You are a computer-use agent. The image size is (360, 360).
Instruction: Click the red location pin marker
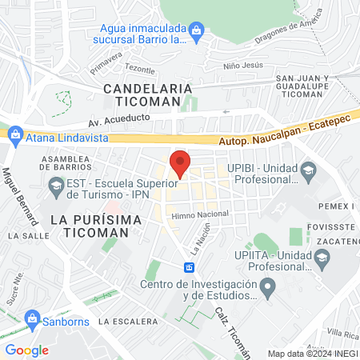click(181, 164)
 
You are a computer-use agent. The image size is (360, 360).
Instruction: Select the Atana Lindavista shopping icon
click(15, 137)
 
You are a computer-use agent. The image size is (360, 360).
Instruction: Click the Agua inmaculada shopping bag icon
click(198, 30)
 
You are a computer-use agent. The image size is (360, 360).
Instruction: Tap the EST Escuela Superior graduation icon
click(56, 190)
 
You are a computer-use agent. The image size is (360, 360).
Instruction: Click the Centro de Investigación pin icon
click(269, 286)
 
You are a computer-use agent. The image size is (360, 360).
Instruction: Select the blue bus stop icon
click(190, 267)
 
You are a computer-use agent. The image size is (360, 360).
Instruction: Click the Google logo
click(26, 350)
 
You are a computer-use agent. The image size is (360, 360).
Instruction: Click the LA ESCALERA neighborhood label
click(128, 321)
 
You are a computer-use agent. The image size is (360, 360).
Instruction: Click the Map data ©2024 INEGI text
click(311, 353)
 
